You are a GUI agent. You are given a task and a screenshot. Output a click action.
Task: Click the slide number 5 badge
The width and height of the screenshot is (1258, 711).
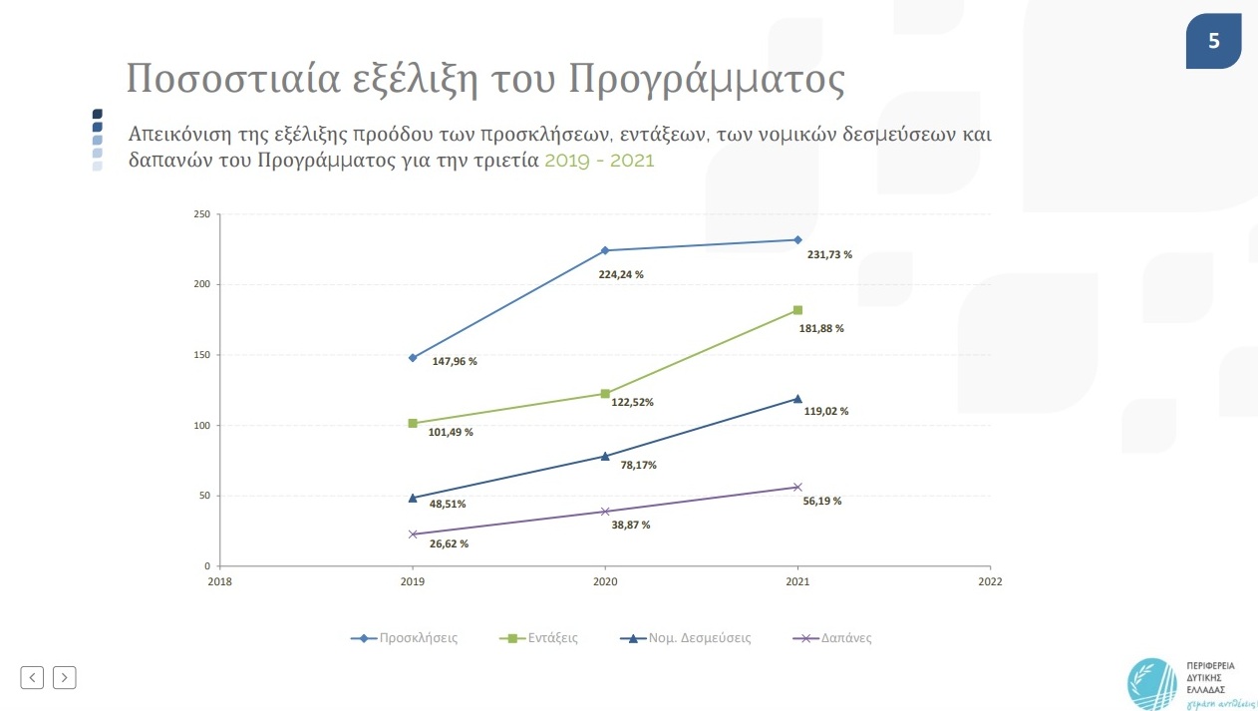(1213, 41)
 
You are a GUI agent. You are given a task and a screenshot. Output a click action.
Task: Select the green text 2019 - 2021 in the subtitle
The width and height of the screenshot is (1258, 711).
(599, 160)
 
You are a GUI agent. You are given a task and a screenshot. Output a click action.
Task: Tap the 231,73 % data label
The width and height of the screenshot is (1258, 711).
(828, 255)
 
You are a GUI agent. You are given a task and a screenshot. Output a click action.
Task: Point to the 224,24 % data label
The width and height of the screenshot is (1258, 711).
(620, 274)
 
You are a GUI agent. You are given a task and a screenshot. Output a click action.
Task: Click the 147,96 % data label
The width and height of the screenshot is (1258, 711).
(454, 361)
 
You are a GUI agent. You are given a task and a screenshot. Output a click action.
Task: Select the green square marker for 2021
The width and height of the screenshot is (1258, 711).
(797, 310)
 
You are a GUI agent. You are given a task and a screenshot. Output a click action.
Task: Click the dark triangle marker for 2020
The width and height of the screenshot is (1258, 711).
(604, 456)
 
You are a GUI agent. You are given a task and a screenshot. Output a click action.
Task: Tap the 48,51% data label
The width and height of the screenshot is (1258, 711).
(448, 505)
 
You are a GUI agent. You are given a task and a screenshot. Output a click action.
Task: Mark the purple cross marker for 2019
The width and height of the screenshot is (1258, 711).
(413, 534)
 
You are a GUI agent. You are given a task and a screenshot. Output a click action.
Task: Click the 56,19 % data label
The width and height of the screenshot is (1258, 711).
(821, 502)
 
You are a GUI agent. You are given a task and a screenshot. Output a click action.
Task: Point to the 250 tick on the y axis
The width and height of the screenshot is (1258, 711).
(201, 214)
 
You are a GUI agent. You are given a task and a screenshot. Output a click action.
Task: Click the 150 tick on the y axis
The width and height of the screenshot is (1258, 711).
(201, 355)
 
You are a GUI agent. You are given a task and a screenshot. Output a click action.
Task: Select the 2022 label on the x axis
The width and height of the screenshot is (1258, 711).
(990, 581)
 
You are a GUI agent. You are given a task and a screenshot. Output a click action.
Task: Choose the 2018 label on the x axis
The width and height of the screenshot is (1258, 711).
(219, 581)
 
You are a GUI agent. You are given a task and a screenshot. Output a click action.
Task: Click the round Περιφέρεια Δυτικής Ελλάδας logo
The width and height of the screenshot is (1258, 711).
(1152, 683)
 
